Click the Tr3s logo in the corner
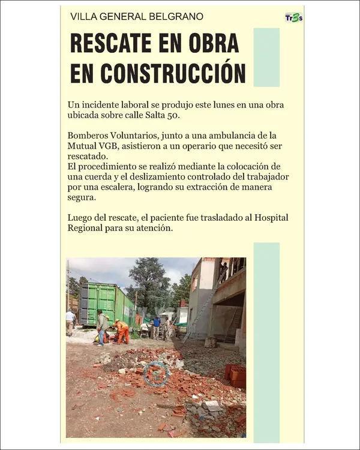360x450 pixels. tap(293, 17)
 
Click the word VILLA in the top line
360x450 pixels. tap(83, 17)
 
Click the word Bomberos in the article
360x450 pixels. tap(88, 136)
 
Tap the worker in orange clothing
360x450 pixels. tap(122, 332)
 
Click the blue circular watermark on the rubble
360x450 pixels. tap(157, 373)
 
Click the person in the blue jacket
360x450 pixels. tap(156, 326)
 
